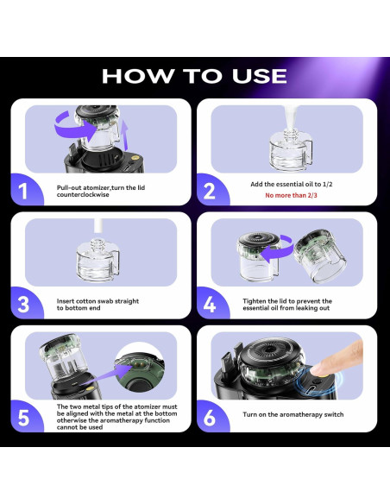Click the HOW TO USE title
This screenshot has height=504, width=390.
[x=194, y=76]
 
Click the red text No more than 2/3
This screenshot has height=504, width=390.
[x=291, y=195]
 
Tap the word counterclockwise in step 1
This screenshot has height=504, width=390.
[x=83, y=195]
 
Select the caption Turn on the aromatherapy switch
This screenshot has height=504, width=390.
[x=293, y=414]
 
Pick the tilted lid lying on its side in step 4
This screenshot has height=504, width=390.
[x=319, y=255]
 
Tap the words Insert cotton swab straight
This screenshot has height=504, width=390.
[x=97, y=301]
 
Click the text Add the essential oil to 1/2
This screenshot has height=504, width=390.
[x=292, y=184]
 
